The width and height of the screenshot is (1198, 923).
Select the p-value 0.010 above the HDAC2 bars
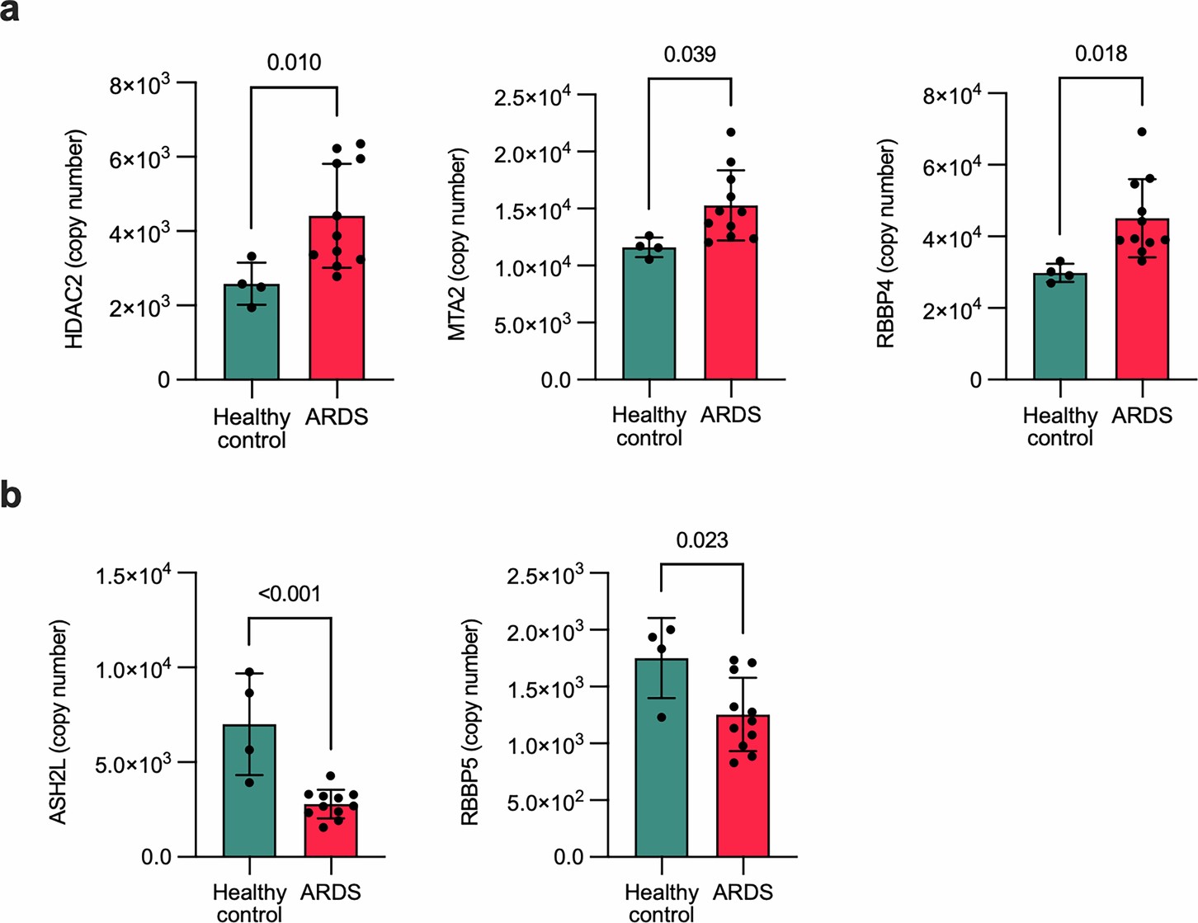click(294, 63)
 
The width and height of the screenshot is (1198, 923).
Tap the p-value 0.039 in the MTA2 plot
click(690, 54)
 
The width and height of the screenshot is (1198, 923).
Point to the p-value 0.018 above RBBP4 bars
click(1101, 54)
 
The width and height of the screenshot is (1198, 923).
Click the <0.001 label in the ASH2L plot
click(289, 594)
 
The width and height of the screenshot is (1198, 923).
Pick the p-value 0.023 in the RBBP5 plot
click(702, 540)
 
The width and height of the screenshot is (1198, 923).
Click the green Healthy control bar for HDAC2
click(252, 334)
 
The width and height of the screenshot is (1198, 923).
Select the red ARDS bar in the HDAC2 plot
click(337, 313)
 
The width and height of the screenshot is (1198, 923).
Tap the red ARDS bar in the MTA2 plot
click(731, 305)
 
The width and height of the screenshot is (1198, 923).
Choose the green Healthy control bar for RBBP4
click(1059, 330)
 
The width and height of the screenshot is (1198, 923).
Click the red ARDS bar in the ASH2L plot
click(331, 833)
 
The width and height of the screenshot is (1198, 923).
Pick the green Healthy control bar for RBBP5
click(662, 767)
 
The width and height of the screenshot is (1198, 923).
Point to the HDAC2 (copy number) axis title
click(75, 239)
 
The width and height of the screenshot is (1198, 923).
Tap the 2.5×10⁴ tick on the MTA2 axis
click(532, 97)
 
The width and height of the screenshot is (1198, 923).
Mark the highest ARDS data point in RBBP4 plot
click(1142, 132)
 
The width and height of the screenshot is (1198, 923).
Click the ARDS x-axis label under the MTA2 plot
click(731, 415)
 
